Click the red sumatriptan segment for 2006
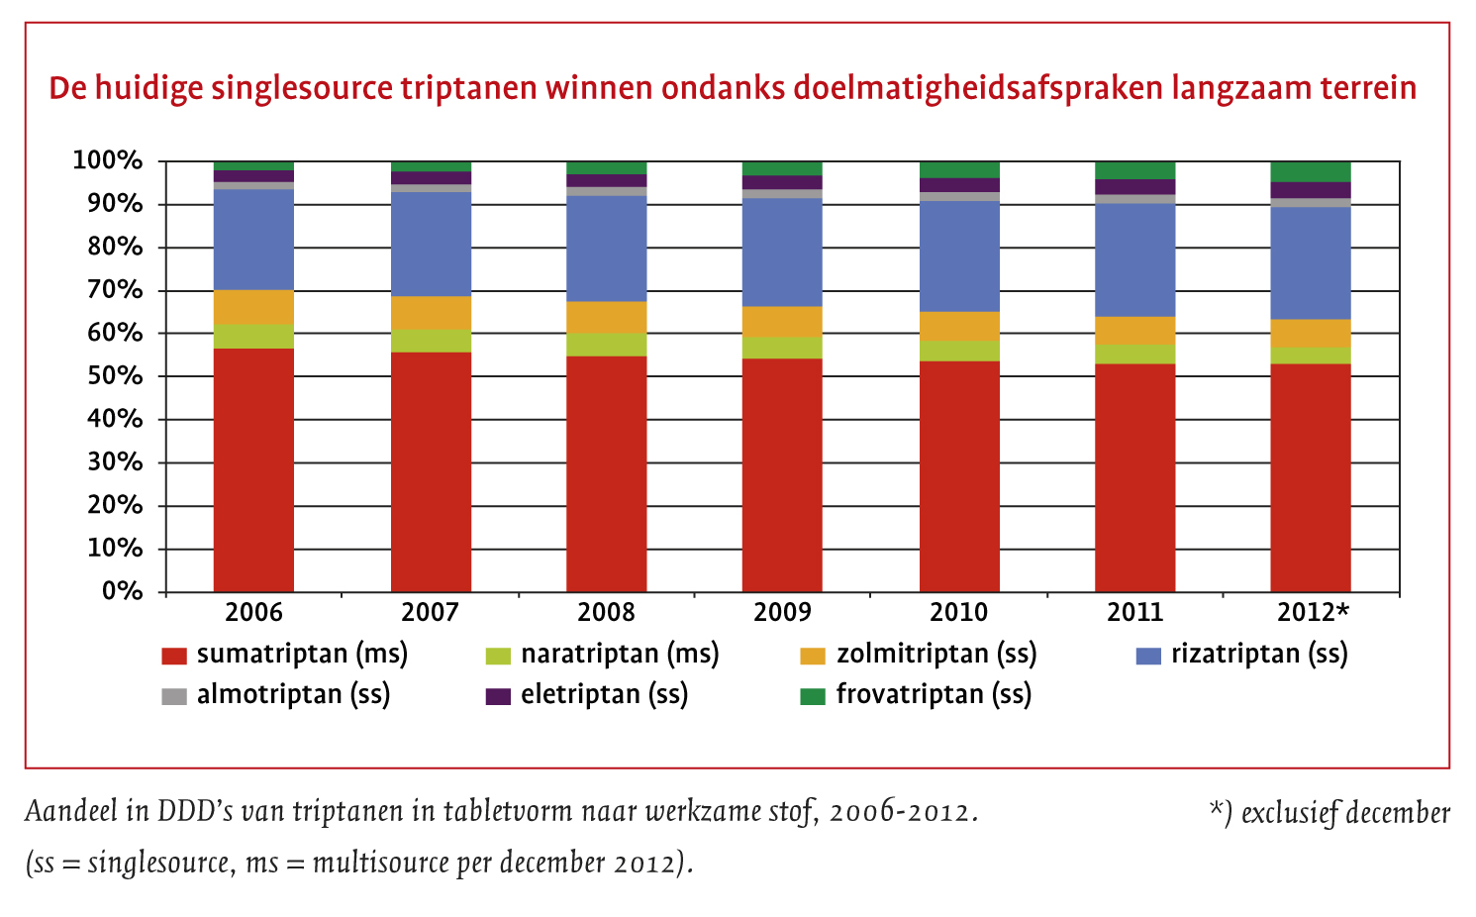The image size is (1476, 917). click(x=253, y=470)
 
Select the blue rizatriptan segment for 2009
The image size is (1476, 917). click(x=782, y=253)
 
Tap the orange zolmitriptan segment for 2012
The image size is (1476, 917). click(x=1310, y=333)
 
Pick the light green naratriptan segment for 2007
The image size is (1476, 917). click(x=431, y=341)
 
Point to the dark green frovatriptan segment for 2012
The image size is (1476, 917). click(x=1310, y=171)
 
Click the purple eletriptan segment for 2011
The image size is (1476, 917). click(x=1134, y=186)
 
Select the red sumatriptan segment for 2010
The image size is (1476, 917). click(x=958, y=475)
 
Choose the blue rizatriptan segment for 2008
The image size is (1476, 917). click(x=606, y=249)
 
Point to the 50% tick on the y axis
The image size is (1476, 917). click(x=117, y=376)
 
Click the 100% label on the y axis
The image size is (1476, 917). click(x=107, y=160)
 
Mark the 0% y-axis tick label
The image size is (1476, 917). click(x=123, y=591)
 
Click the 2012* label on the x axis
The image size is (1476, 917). click(x=1313, y=613)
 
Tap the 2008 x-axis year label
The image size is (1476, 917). click(x=606, y=613)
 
